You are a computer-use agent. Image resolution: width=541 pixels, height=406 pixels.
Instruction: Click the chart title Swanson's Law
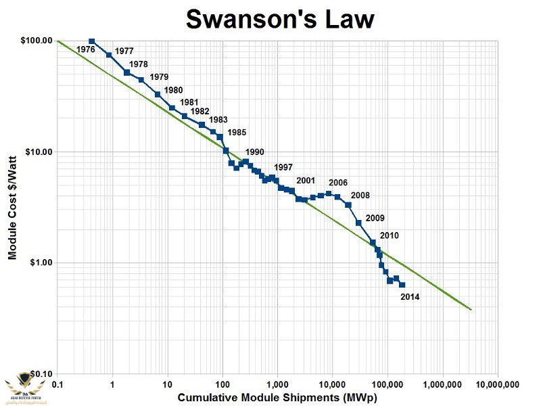(x=280, y=20)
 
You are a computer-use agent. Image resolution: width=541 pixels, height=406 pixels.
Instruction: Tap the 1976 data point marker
(x=92, y=41)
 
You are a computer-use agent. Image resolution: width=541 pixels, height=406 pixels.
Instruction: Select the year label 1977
(x=124, y=51)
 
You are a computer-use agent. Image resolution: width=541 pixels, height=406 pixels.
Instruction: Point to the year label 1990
(x=254, y=152)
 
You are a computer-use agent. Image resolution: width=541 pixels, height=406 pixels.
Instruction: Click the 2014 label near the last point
(x=410, y=296)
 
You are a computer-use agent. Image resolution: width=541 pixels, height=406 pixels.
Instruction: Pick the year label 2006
(x=338, y=183)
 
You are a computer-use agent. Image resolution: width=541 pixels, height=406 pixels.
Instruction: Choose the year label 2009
(x=375, y=218)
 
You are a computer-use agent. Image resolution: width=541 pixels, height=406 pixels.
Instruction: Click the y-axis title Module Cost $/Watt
(x=12, y=207)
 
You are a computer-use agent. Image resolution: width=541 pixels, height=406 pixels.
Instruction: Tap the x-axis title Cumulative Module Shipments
(x=277, y=398)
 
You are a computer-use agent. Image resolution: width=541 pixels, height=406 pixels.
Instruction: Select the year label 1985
(x=237, y=132)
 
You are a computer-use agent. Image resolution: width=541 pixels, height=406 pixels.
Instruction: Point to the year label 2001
(x=306, y=181)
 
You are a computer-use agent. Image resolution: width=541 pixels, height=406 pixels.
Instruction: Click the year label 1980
(x=173, y=89)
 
